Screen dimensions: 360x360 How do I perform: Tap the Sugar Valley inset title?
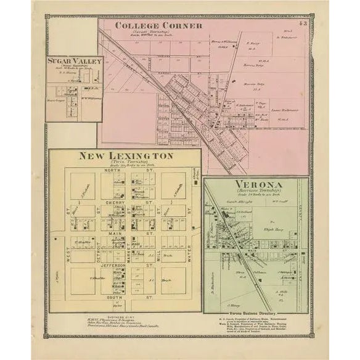(74, 62)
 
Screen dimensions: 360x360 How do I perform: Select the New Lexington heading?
(125, 156)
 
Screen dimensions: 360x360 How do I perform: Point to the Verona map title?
(258, 184)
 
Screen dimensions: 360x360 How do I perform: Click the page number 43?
(303, 24)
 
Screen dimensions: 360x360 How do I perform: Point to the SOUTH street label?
(112, 298)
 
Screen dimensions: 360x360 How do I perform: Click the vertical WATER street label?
(189, 253)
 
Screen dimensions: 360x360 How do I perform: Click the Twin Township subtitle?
(125, 163)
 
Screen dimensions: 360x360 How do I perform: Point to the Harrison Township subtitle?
(258, 192)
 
